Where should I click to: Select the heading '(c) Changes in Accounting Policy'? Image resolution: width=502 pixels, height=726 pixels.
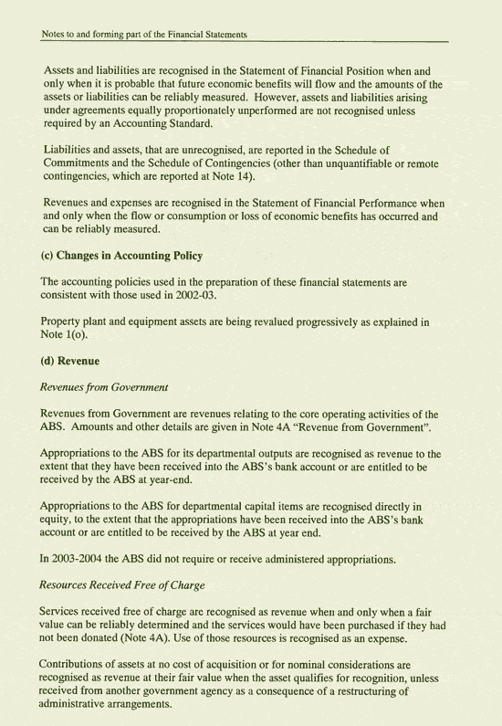point(121,256)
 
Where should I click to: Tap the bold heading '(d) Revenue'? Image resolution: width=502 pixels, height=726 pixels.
point(70,361)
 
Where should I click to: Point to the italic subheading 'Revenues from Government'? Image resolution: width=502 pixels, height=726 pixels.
point(104,387)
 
